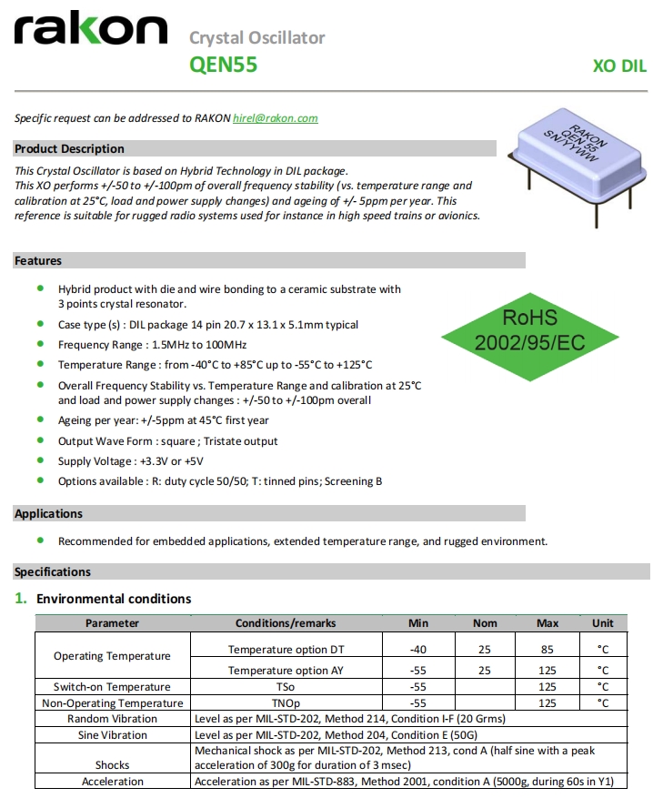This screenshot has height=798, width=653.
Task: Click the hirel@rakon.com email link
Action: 276,118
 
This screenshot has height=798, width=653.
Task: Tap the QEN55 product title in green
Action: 223,65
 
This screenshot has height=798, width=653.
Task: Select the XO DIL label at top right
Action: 619,66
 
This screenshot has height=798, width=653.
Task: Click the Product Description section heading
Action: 70,148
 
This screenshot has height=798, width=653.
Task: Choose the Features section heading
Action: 38,260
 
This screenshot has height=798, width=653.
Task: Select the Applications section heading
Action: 48,513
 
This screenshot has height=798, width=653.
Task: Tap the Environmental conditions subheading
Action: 114,599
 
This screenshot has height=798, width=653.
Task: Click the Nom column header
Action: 485,623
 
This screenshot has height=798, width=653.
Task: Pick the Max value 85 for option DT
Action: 548,649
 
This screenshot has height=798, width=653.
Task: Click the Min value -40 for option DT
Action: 418,649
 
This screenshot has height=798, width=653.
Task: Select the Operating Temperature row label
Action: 112,656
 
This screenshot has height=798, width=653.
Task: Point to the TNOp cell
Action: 285,702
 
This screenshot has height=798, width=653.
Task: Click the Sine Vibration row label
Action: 112,734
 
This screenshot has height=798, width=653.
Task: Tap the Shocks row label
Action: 112,765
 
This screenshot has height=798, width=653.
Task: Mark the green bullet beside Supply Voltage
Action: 39,461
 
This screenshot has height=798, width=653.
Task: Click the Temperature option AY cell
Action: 285,671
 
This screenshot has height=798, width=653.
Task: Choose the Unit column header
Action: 603,623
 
